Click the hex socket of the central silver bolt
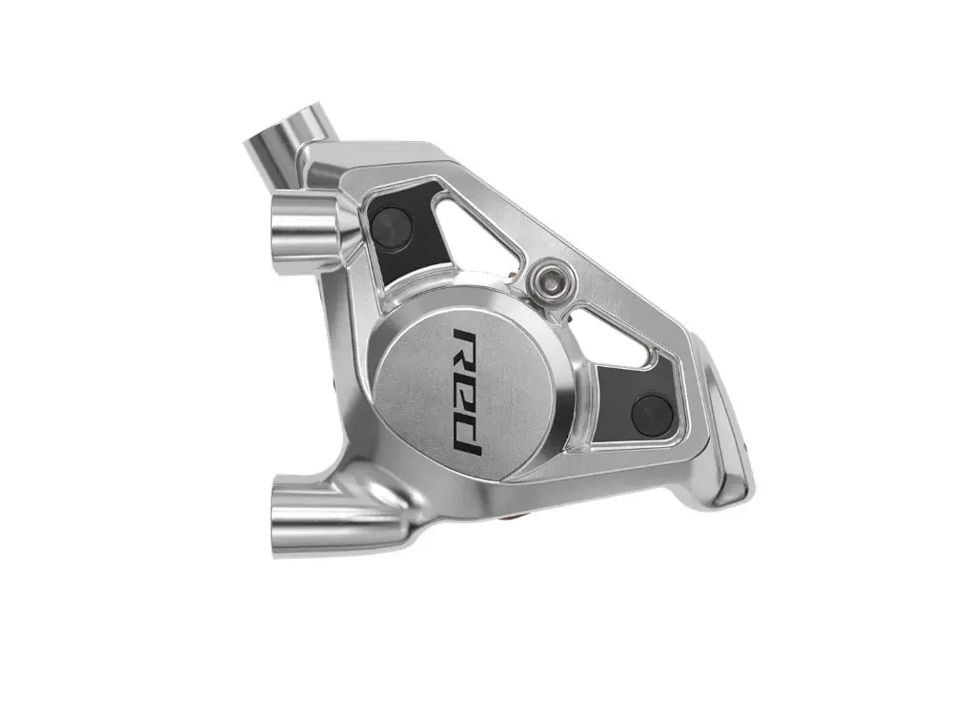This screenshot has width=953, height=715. coord(550,280)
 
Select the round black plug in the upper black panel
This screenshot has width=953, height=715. coord(392,220)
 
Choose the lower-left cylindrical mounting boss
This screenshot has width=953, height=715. coord(316,511)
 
